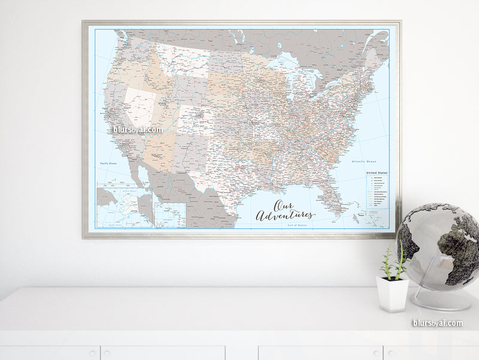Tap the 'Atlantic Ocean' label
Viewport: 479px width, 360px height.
tap(363, 161)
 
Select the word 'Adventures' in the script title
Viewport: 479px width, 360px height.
tap(285, 214)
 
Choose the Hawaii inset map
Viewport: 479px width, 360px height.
tap(170, 215)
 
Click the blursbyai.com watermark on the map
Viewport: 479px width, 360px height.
tap(138, 129)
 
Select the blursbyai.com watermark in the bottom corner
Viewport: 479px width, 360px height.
tap(437, 323)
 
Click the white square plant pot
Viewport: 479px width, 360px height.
tap(392, 294)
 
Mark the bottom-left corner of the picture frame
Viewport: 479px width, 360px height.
tap(85, 236)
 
